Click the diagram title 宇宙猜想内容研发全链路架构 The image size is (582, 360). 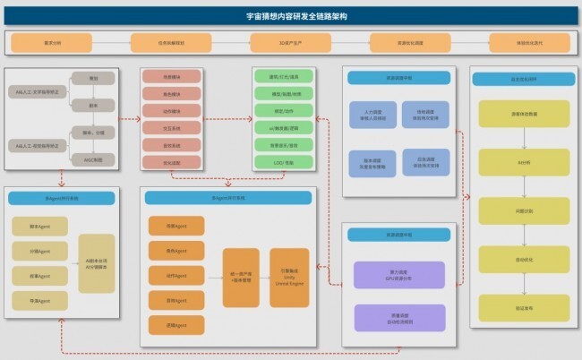pyautogui.click(x=290, y=16)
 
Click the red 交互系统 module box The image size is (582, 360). pyautogui.click(x=170, y=127)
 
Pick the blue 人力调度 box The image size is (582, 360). pyautogui.click(x=372, y=115)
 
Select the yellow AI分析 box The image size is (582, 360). pyautogui.click(x=524, y=161)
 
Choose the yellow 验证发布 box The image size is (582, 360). pyautogui.click(x=524, y=305)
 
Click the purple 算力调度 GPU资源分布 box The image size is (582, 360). pyautogui.click(x=399, y=274)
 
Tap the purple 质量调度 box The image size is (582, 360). pyautogui.click(x=399, y=316)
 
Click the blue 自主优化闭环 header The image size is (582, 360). pyautogui.click(x=524, y=80)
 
